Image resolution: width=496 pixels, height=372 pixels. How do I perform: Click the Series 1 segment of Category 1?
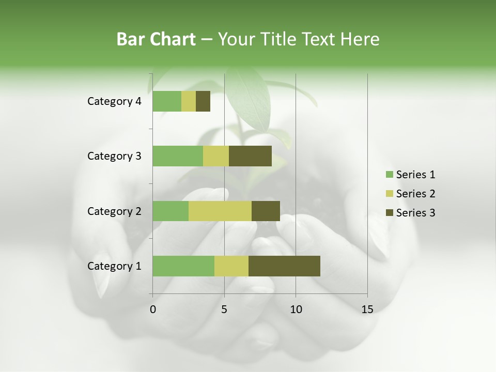pyautogui.click(x=183, y=266)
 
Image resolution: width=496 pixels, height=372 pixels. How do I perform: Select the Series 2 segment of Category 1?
pyautogui.click(x=231, y=266)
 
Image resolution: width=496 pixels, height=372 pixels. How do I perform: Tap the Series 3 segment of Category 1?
pyautogui.click(x=284, y=266)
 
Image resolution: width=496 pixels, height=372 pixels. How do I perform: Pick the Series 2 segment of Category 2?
pyautogui.click(x=220, y=211)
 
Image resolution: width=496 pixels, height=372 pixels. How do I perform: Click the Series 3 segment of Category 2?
pyautogui.click(x=266, y=211)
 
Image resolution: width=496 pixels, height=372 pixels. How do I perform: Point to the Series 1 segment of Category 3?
pyautogui.click(x=178, y=156)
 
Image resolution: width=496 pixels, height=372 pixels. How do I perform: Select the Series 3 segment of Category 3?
pyautogui.click(x=250, y=156)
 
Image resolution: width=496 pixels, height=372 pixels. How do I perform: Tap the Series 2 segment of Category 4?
pyautogui.click(x=189, y=101)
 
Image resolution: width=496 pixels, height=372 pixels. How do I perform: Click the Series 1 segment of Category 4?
pyautogui.click(x=167, y=101)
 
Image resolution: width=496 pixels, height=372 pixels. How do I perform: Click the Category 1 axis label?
pyautogui.click(x=114, y=266)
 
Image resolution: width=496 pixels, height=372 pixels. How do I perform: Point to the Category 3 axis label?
pyautogui.click(x=114, y=156)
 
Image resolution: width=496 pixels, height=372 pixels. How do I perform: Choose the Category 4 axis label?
pyautogui.click(x=114, y=101)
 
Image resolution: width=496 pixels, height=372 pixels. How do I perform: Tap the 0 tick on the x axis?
pyautogui.click(x=153, y=309)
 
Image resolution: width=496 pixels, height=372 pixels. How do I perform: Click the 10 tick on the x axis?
pyautogui.click(x=296, y=309)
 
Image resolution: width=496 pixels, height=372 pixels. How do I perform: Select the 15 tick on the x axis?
pyautogui.click(x=367, y=309)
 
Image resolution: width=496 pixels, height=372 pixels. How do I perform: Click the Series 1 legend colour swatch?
pyautogui.click(x=389, y=175)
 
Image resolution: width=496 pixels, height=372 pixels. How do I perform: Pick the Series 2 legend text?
pyautogui.click(x=415, y=194)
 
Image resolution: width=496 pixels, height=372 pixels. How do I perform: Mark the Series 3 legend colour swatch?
pyautogui.click(x=389, y=213)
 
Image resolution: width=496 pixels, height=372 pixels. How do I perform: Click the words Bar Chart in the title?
pyautogui.click(x=156, y=39)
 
